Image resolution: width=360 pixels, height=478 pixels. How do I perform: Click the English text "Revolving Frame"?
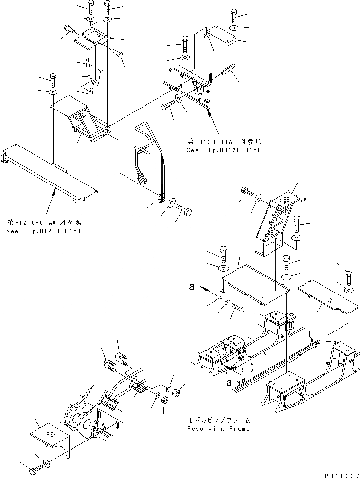tap(218, 429)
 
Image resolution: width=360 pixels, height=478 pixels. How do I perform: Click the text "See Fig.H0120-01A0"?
tap(224, 150)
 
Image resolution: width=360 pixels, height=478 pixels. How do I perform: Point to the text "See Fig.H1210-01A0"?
tap(44, 231)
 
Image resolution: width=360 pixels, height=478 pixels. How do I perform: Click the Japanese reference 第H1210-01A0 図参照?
tap(44, 222)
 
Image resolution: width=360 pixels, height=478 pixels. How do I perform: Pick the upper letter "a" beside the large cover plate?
tap(193, 288)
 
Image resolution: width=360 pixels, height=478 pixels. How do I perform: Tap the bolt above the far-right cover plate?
tap(349, 277)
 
